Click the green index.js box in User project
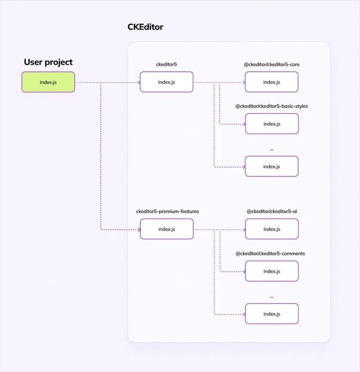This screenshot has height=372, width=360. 48,82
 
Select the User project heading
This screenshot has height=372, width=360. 48,62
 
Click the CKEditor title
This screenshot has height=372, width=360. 145,27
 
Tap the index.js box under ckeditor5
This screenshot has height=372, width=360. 166,82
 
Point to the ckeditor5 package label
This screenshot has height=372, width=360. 166,64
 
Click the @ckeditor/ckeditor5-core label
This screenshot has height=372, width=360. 271,64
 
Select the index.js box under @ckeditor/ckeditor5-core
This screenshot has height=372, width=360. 271,82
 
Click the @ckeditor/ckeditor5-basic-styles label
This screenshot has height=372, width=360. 271,106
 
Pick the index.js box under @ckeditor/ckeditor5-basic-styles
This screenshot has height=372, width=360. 271,124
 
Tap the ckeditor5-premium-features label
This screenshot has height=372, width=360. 167,211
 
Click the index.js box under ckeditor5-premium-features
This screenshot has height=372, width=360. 166,229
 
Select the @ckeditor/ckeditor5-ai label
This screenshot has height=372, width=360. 271,211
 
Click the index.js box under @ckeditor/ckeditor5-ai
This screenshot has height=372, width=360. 271,229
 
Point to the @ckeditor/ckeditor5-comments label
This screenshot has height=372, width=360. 270,253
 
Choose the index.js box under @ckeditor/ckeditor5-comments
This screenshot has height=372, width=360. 271,271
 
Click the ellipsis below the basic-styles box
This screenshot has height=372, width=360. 271,149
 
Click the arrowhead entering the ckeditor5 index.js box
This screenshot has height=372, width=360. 138,82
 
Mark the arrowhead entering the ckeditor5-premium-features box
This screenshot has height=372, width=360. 138,229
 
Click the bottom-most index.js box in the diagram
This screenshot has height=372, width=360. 271,314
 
